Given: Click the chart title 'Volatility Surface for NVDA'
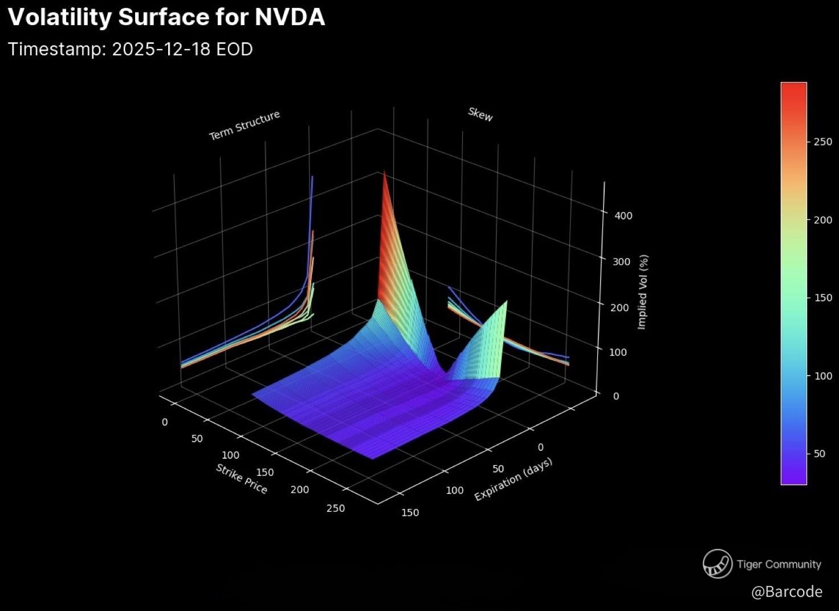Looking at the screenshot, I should click(x=166, y=17).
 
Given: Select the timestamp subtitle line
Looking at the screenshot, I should click(x=131, y=49).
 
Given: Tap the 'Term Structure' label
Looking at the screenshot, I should click(x=245, y=125).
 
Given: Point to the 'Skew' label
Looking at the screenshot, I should click(x=480, y=114).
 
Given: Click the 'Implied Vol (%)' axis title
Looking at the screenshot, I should click(x=642, y=292).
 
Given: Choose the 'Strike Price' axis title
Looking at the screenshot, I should click(x=242, y=478).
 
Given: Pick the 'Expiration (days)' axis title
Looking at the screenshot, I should click(x=513, y=479).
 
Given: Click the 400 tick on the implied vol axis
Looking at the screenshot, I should click(x=624, y=215).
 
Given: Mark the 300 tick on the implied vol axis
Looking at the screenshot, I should click(x=621, y=262).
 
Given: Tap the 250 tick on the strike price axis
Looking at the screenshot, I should click(x=336, y=508).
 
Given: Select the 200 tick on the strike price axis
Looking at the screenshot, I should click(x=300, y=490).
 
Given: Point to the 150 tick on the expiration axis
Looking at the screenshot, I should click(x=410, y=512).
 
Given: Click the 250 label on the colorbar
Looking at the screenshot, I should click(x=822, y=141).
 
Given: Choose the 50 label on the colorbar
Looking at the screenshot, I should click(x=819, y=454).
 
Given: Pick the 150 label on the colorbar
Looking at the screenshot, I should click(x=822, y=298).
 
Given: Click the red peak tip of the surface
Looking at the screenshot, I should click(x=384, y=172).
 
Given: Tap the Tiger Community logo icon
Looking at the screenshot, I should click(x=717, y=564).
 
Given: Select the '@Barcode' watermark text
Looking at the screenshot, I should click(x=787, y=592).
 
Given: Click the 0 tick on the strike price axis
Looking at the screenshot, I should click(x=165, y=422).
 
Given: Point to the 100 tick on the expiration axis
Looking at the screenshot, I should click(x=454, y=490).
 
